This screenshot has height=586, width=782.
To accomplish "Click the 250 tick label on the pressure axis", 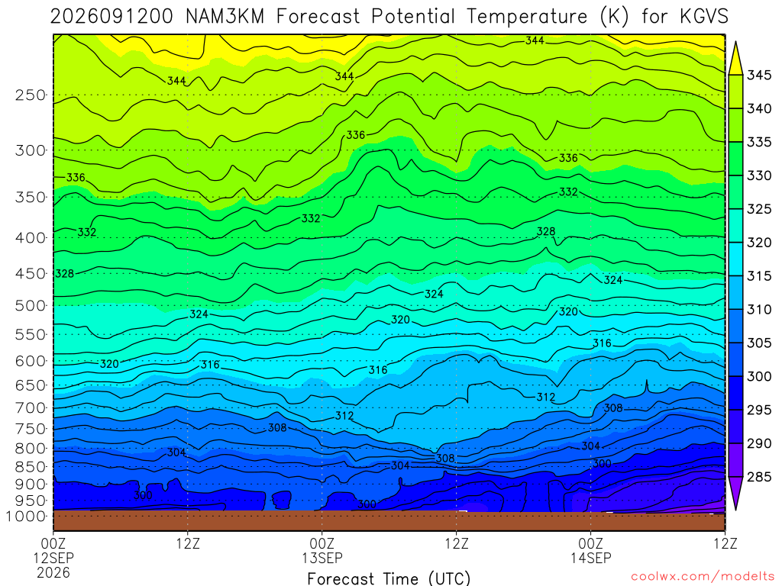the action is (31, 95).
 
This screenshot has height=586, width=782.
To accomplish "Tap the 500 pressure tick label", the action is (31, 305).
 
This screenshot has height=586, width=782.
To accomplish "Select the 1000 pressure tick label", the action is (27, 517).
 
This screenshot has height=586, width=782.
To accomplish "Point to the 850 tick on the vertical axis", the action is (31, 467).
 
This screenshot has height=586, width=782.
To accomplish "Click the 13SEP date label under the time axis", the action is (322, 558).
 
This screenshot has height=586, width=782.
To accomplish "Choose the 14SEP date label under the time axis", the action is (591, 558).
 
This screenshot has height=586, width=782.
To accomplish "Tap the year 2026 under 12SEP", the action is (53, 572).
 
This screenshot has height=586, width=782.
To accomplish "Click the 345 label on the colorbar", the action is (759, 76).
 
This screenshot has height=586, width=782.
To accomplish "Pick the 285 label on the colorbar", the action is (759, 477).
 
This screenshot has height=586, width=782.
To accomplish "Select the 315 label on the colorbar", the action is (759, 276).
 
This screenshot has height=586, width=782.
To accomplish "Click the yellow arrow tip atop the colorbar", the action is (735, 43).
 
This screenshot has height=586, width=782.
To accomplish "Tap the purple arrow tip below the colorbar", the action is (735, 509).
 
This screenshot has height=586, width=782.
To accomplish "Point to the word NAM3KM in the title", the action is (225, 17).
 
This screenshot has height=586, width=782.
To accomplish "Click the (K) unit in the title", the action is (614, 17).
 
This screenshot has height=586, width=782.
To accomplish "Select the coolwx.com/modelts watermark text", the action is (703, 577).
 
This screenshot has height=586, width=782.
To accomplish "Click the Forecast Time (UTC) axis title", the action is (389, 578).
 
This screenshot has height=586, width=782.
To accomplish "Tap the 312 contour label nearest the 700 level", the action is (545, 397).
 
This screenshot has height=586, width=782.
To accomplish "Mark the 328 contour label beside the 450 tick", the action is (64, 274).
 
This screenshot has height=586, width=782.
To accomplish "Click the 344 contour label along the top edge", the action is (535, 40).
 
